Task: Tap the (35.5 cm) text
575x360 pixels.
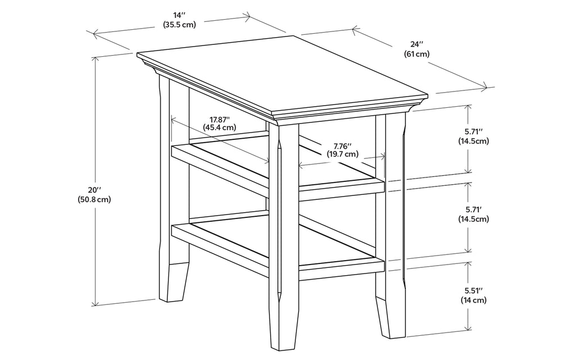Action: (180, 25)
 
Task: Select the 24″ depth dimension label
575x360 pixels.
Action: (416, 44)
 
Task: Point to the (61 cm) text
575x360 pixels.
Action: (416, 54)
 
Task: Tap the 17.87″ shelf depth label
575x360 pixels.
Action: (220, 119)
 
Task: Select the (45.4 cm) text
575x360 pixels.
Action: (220, 127)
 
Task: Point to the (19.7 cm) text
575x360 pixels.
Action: (343, 154)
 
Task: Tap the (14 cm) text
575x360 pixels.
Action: (473, 300)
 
